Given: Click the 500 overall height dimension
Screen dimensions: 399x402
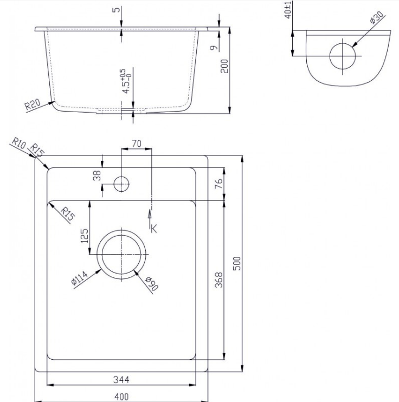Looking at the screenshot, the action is coord(237,263).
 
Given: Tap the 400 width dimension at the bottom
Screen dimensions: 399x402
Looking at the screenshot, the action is coord(121,397).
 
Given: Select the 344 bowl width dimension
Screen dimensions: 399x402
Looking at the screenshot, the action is coord(121,379).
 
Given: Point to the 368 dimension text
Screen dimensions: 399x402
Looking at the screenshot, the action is coord(218,280).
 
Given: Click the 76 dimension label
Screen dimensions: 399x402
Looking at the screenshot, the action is coord(219,184).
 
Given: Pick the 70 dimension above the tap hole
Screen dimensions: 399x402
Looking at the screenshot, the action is coord(137,144).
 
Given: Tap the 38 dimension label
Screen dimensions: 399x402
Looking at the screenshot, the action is coord(97,176).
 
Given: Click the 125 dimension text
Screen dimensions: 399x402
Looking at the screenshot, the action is coord(85,236).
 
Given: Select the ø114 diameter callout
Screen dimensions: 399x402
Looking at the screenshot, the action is coord(80,278).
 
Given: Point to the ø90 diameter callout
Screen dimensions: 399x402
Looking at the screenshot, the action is coord(151,283).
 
